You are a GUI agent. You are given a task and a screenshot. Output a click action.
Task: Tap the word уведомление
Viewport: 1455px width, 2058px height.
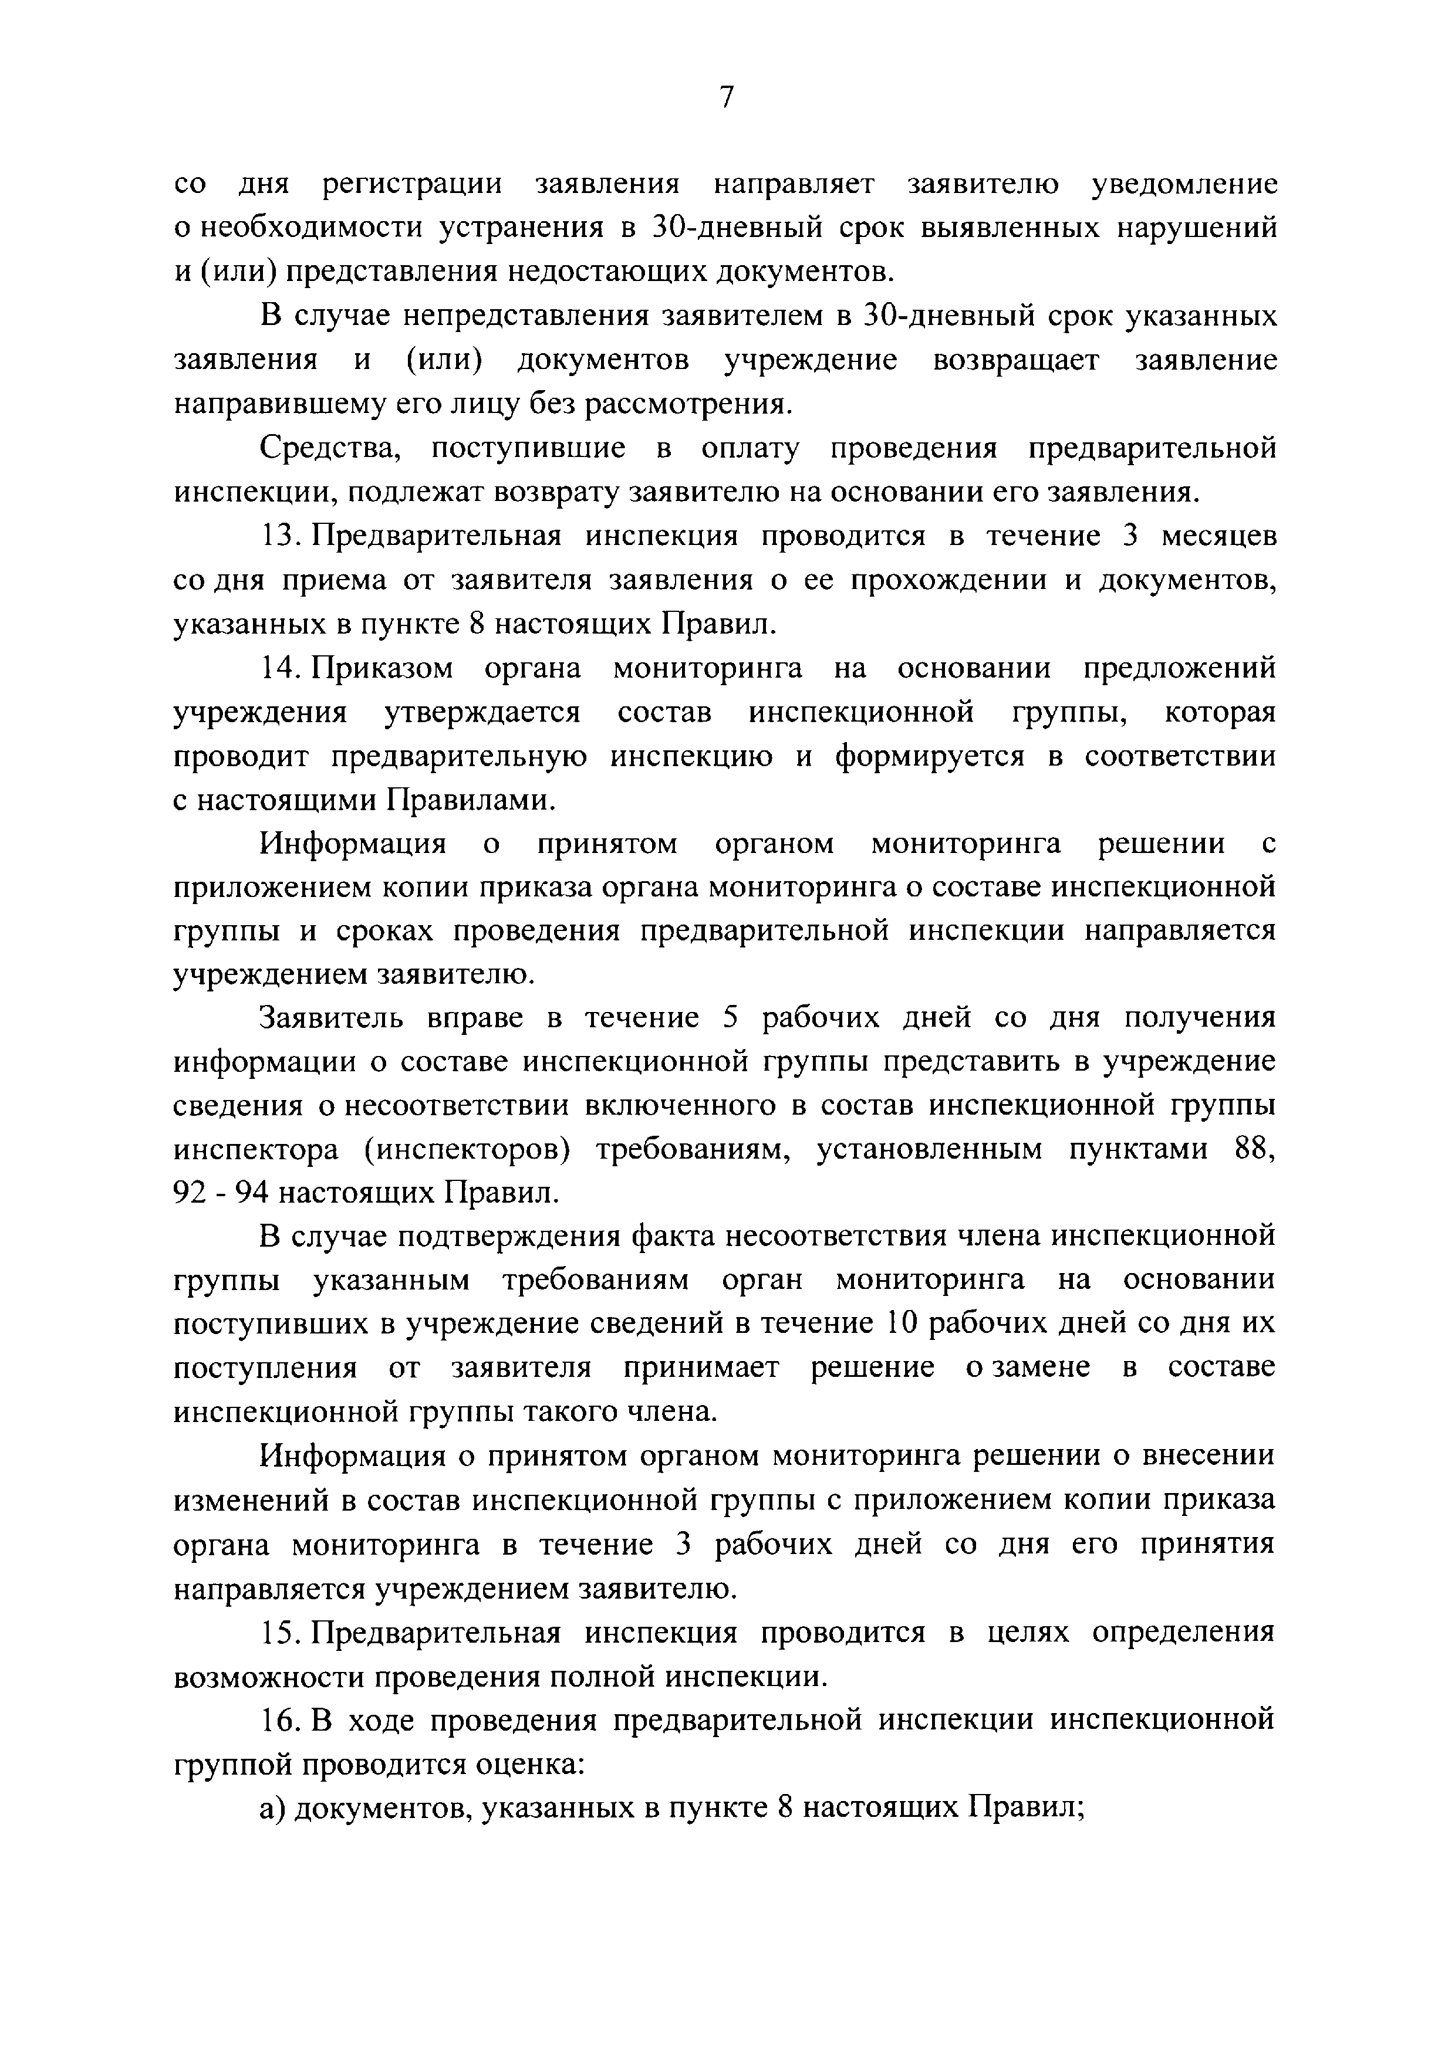[1183, 185]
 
